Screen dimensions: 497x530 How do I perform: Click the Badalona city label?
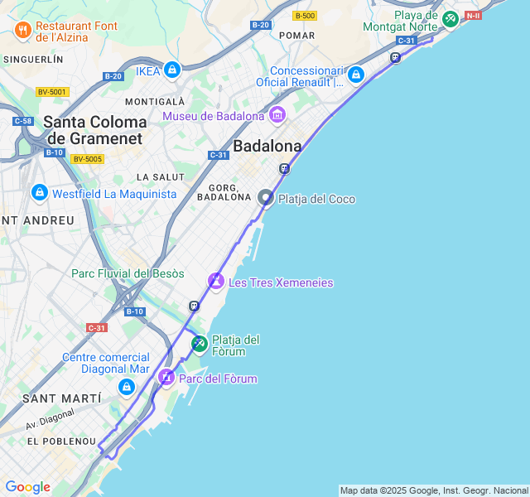click(x=267, y=146)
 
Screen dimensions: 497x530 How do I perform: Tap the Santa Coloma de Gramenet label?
click(x=94, y=130)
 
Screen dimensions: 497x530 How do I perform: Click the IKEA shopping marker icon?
click(x=172, y=70)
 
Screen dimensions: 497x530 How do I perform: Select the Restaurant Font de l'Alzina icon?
click(x=22, y=31)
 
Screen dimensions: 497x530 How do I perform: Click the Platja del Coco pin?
click(x=266, y=198)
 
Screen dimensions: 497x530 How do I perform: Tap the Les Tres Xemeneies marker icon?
click(x=216, y=282)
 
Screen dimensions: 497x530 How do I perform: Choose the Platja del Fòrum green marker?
click(x=200, y=343)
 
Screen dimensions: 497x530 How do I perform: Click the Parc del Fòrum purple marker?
click(x=166, y=378)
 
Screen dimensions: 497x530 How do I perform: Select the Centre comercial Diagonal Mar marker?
click(x=126, y=386)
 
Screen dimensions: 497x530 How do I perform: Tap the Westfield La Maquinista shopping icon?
click(x=39, y=193)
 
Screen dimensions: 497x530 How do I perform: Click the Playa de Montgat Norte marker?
click(x=450, y=18)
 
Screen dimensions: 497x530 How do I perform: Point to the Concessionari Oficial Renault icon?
click(x=356, y=75)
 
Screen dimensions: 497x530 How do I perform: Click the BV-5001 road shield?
click(x=52, y=92)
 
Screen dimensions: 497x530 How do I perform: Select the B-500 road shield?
click(x=305, y=16)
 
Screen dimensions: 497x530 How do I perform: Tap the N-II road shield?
click(x=473, y=15)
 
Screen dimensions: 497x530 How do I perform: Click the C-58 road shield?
click(x=22, y=121)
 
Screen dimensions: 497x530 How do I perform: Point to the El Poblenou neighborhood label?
click(x=62, y=442)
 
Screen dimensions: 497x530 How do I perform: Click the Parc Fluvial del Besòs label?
click(x=128, y=273)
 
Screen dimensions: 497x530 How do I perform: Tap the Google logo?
click(x=27, y=487)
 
